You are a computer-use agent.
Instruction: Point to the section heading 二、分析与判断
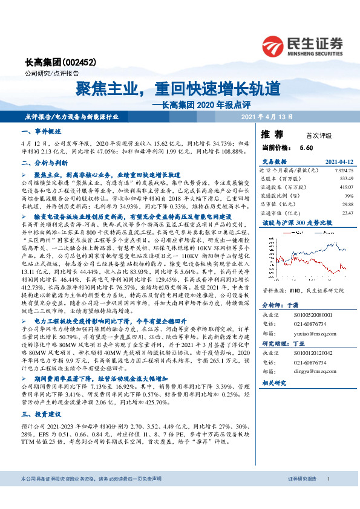[x=41, y=163]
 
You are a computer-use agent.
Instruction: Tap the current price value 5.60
[x=306, y=148]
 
